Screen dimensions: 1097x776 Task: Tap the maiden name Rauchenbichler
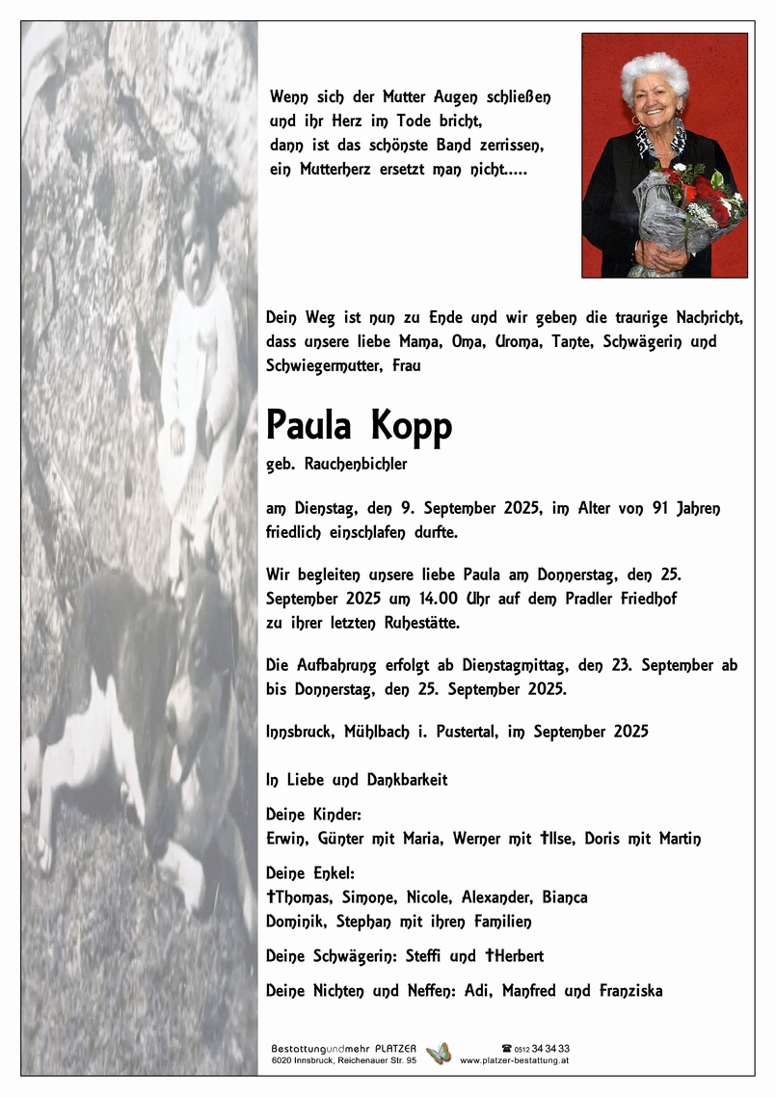tap(356, 464)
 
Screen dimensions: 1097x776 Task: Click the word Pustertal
tap(461, 732)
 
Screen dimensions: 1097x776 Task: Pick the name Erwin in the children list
tap(286, 839)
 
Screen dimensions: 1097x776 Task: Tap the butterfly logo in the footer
tap(439, 1053)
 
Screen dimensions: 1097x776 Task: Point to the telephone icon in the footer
tap(506, 1048)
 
